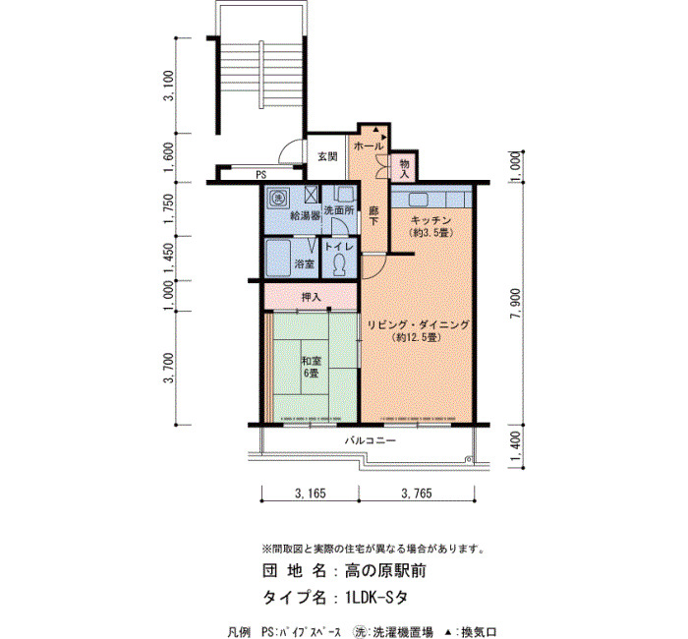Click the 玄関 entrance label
pyautogui.click(x=327, y=156)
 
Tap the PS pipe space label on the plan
pyautogui.click(x=261, y=175)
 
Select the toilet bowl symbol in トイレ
pyautogui.click(x=339, y=265)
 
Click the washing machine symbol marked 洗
pyautogui.click(x=278, y=198)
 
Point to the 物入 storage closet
pyautogui.click(x=404, y=169)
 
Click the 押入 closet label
pyautogui.click(x=312, y=297)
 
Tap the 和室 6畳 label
pyautogui.click(x=312, y=367)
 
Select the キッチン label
pyautogui.click(x=430, y=220)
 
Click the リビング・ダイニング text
pyautogui.click(x=418, y=324)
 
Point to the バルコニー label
pyautogui.click(x=371, y=440)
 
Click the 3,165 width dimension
pyautogui.click(x=311, y=494)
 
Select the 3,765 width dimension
pyautogui.click(x=417, y=494)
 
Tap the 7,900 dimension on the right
pyautogui.click(x=515, y=303)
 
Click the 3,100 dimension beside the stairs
pyautogui.click(x=168, y=86)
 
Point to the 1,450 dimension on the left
pyautogui.click(x=168, y=259)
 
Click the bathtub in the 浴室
pyautogui.click(x=278, y=258)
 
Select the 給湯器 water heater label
pyautogui.click(x=305, y=216)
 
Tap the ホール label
pyautogui.click(x=369, y=146)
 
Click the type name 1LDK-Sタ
pyautogui.click(x=376, y=598)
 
